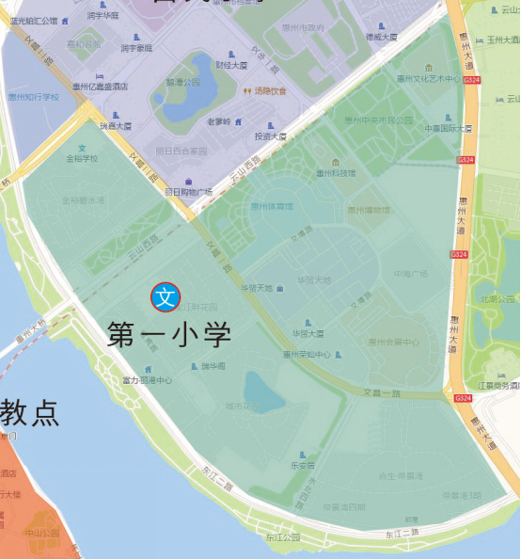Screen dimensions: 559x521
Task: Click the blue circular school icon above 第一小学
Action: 166,297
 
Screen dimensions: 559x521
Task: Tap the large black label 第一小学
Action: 168,335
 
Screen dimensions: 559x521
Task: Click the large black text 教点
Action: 30,412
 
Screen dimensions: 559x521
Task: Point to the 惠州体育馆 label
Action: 272,206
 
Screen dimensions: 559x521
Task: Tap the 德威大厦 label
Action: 381,37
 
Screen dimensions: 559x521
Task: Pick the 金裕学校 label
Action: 82,158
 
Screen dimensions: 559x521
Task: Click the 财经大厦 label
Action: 231,66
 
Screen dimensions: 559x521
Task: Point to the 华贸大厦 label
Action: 308,333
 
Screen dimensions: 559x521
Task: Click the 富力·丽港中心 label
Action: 147,380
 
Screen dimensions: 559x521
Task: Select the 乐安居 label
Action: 302,465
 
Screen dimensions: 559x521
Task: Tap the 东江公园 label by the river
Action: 282,537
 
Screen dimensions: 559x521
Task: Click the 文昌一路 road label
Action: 382,392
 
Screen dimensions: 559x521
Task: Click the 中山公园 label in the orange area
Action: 42,533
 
